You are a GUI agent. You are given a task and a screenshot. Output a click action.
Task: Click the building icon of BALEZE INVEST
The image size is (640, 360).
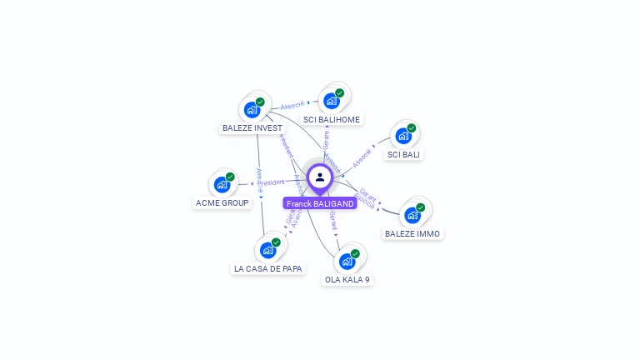(x=252, y=109)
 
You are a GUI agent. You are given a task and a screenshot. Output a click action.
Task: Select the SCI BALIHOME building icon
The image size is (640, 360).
(x=331, y=101)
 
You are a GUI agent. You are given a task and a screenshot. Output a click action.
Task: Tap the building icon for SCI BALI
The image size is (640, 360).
(x=403, y=136)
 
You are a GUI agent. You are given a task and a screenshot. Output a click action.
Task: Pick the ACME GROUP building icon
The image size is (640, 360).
(x=222, y=184)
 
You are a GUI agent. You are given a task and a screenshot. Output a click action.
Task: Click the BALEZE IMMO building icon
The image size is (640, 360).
(x=412, y=215)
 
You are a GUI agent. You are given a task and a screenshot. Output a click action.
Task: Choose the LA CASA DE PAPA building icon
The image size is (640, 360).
(x=267, y=249)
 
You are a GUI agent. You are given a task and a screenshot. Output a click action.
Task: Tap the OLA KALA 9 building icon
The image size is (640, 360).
(x=347, y=261)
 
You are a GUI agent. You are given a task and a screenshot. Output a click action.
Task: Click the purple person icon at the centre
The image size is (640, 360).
(x=319, y=177)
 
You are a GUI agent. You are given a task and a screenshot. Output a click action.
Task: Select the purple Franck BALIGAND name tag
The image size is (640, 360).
(x=320, y=203)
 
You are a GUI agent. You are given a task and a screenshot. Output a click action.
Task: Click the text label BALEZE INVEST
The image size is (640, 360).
(x=252, y=128)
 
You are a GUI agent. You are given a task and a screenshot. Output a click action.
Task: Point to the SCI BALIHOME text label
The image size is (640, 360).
(x=332, y=120)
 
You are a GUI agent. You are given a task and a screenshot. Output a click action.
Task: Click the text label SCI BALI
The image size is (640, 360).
(x=404, y=155)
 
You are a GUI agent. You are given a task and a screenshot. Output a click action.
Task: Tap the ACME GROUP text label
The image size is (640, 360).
(x=222, y=203)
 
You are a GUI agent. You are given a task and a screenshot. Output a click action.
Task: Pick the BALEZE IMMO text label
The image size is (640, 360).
(x=412, y=234)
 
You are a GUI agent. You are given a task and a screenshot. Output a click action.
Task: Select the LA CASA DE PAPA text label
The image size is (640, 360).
(x=268, y=268)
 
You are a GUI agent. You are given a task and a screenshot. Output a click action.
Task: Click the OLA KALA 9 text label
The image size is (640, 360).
(x=347, y=280)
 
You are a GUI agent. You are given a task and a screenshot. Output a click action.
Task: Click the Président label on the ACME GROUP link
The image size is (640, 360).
(x=271, y=182)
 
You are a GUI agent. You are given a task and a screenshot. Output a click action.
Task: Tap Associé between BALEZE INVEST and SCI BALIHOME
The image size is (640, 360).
(x=292, y=105)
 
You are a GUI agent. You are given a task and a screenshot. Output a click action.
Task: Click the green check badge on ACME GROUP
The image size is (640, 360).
(x=230, y=177)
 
